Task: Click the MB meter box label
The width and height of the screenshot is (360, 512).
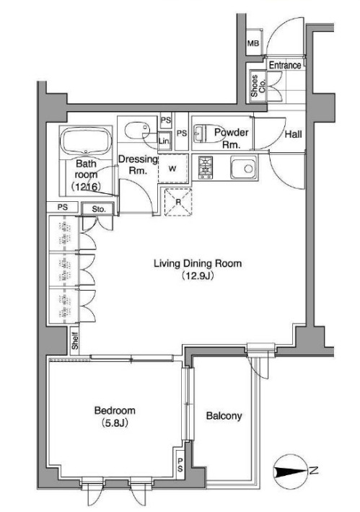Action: pos(253,43)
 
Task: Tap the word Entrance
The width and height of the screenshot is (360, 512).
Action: pos(285,66)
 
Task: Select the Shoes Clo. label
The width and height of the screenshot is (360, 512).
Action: pos(258,86)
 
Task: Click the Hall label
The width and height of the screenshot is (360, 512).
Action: pos(293,134)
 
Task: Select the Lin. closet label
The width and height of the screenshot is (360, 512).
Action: pos(164,141)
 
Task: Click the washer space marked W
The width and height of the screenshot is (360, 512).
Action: pos(172,169)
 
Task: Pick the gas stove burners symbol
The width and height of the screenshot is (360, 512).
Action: pos(206,167)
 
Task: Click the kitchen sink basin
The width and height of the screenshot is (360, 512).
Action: pos(244,168)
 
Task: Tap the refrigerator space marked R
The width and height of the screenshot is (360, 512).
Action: pos(178,202)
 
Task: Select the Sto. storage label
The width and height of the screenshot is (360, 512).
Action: pos(99,209)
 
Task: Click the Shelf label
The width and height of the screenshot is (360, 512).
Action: pos(75,340)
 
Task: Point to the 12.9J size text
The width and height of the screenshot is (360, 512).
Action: pos(198,276)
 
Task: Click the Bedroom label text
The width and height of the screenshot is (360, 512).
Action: pos(115,410)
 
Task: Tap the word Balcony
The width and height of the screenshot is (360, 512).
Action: pos(224,415)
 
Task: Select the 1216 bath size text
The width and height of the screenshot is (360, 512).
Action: pos(86,187)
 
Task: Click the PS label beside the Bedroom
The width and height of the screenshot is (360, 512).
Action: pos(180,464)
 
